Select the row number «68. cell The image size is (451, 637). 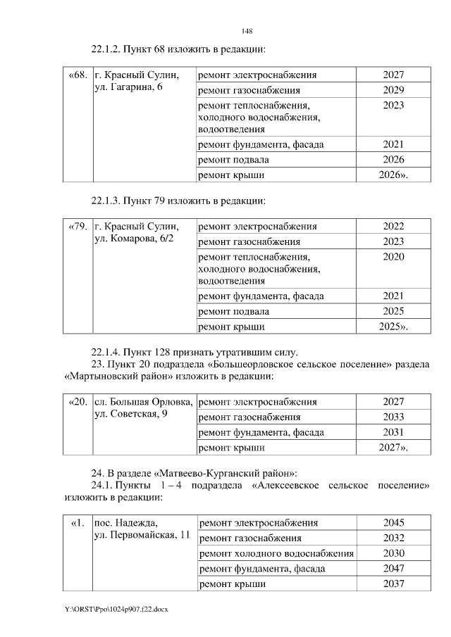(78, 75)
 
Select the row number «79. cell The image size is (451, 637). (78, 227)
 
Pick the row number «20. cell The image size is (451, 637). (78, 402)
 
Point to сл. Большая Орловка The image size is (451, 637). (144, 402)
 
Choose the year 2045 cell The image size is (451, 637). (394, 523)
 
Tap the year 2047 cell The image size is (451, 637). (394, 569)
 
